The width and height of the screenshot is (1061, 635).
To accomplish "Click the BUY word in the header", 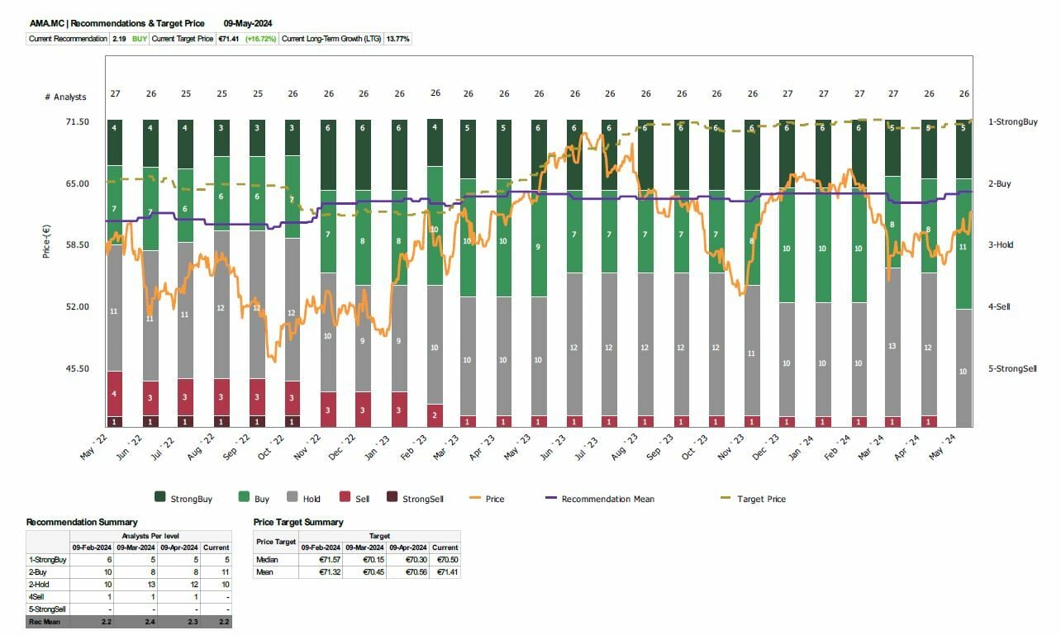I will tap(140, 39).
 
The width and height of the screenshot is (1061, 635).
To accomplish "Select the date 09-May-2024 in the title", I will tap(248, 23).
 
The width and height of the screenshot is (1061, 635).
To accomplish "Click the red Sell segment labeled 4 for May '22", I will tap(114, 394).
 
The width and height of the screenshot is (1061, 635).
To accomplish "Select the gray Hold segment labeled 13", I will tap(892, 346).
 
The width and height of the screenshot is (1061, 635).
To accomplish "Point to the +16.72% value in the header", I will tap(261, 39).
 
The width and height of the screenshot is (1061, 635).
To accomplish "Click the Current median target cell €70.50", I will tap(445, 559).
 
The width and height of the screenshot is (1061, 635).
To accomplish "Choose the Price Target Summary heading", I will tap(297, 522).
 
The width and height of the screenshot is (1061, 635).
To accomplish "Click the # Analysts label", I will tap(65, 97).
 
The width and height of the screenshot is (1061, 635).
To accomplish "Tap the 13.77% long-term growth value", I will tap(398, 39).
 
